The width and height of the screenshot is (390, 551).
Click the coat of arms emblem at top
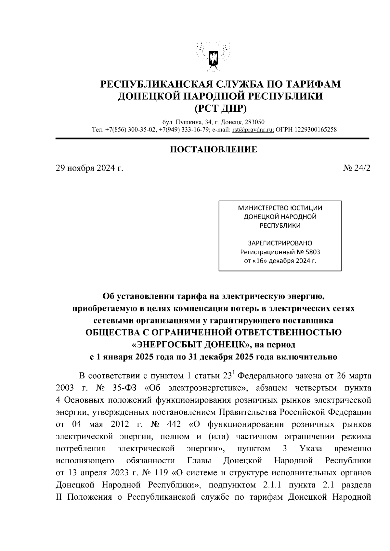[214, 58]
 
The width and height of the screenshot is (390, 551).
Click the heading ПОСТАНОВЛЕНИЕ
[214, 150]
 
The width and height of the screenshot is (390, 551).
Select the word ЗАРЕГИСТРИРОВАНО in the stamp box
[280, 243]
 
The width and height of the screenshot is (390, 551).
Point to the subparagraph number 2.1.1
[272, 485]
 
